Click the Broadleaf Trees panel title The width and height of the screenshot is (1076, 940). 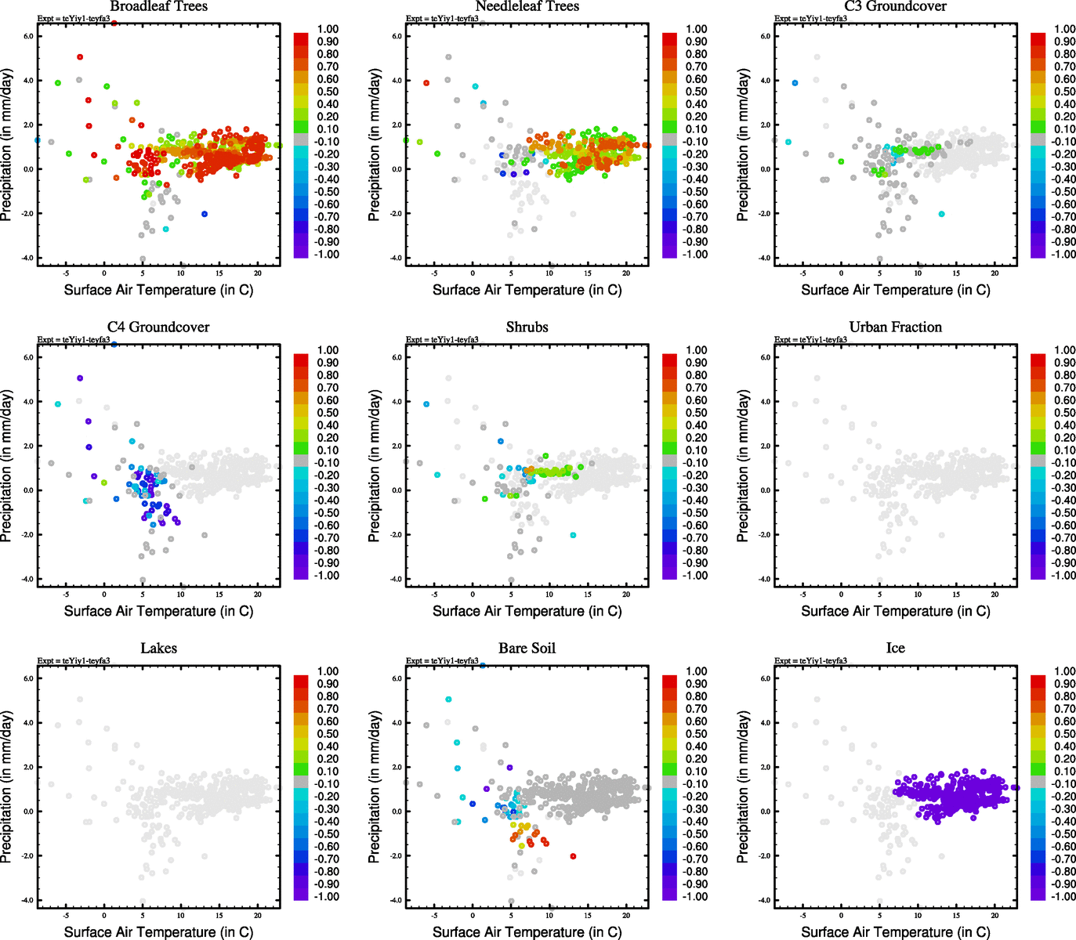158,6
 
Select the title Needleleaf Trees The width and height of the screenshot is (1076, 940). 527,6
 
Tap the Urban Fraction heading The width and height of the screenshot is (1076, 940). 895,327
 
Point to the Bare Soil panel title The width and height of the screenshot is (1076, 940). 527,649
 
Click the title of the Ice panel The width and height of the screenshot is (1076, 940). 895,649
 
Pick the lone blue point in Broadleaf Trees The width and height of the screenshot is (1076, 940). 205,214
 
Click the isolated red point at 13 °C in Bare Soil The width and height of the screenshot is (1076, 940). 573,856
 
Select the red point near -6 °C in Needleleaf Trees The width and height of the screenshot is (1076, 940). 426,83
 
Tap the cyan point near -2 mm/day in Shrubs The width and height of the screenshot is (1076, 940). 573,535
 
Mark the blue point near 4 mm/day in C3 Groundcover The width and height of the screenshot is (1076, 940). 795,83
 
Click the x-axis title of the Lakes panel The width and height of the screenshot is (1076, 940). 158,932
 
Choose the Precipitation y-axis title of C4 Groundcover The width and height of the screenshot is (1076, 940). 7,467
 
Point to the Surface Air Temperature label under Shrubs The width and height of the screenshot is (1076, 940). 527,611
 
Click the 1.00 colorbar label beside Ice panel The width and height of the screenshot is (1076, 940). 1065,671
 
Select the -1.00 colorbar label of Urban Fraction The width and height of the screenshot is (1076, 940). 1063,576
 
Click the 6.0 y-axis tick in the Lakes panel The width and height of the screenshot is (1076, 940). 28,678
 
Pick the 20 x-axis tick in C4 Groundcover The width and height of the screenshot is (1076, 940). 257,595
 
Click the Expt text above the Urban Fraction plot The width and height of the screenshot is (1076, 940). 810,340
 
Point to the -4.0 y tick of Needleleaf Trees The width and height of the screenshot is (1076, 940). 397,258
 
